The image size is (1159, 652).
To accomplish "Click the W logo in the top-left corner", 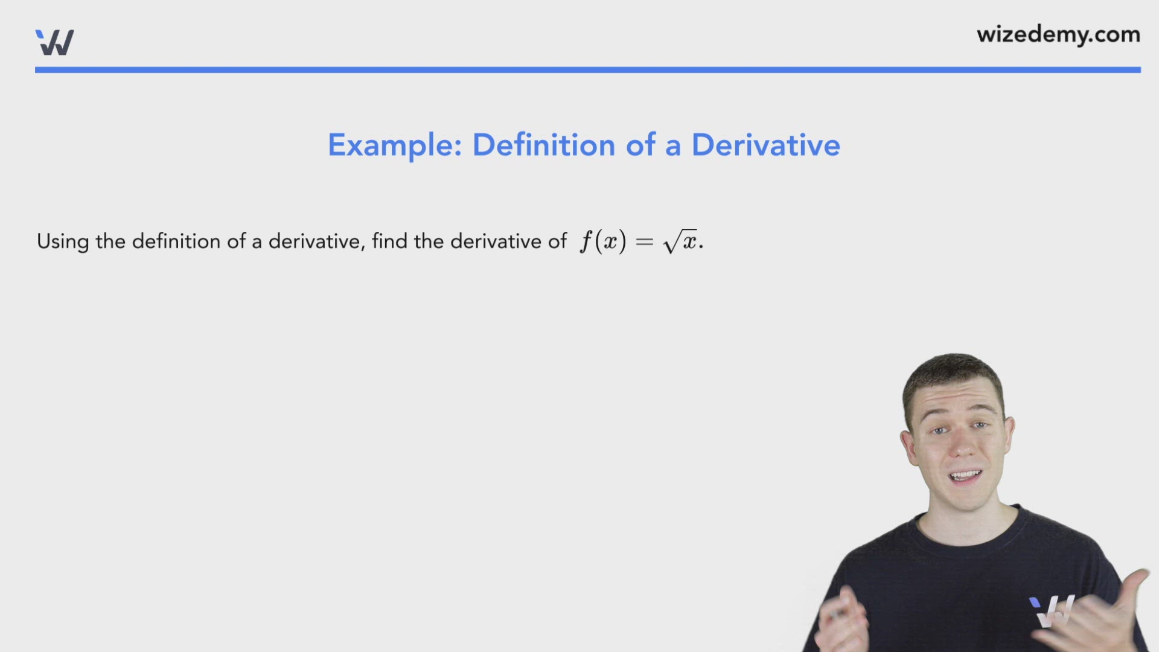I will point(55,42).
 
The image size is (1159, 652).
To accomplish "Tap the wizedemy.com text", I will point(1058,35).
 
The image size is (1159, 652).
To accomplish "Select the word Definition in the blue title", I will point(543,145).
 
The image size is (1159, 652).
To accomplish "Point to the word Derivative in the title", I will point(765,145).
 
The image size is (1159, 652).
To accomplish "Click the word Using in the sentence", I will point(63,242).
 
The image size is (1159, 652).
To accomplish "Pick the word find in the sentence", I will point(389,241).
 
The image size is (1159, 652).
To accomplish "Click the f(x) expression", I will point(603,242).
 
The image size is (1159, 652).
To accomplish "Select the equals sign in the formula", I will point(645,242).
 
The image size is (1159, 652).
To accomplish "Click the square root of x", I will point(680,241).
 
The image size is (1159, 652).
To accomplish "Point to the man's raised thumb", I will point(1137,583).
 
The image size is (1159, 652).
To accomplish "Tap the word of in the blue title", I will point(640,145).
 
